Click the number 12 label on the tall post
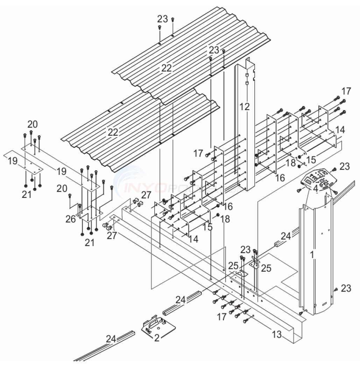245,106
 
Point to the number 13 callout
276,334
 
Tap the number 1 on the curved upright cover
312,254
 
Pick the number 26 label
71,219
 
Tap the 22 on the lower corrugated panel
113,132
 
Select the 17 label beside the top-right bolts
346,92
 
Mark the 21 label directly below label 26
90,243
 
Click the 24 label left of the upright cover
285,236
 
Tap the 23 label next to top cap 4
344,167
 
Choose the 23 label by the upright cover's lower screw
346,288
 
